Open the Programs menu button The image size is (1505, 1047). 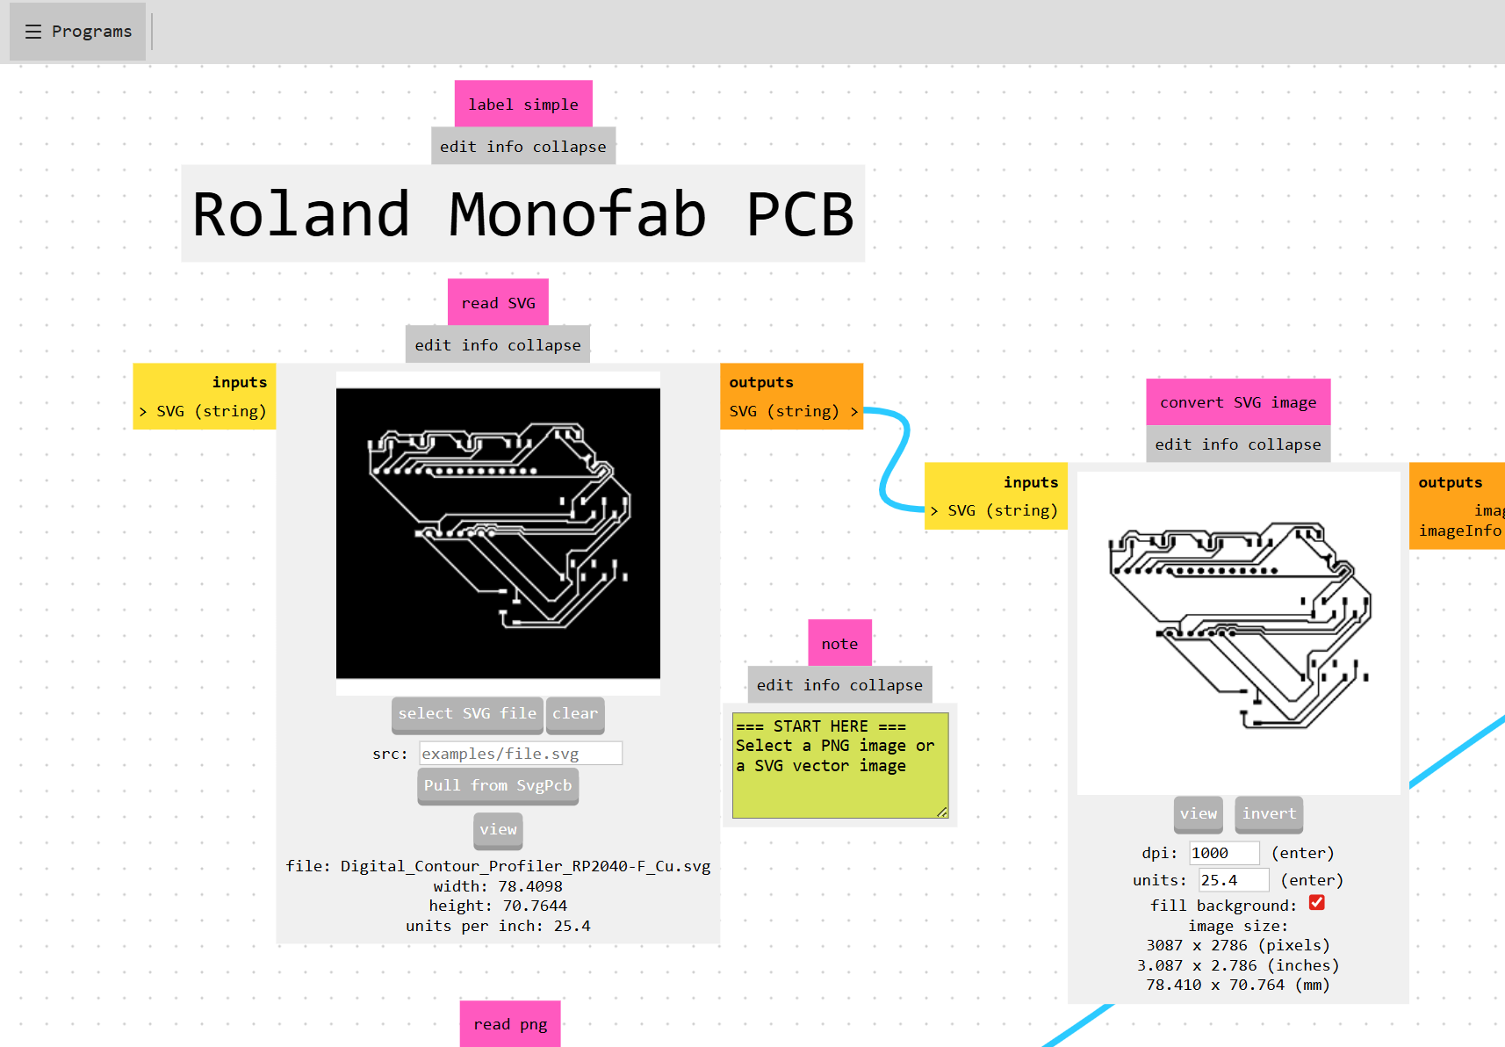pyautogui.click(x=77, y=32)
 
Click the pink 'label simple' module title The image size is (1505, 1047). pyautogui.click(x=523, y=105)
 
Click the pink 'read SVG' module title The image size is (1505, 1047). pyautogui.click(x=498, y=303)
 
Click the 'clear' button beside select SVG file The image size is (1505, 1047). pyautogui.click(x=575, y=714)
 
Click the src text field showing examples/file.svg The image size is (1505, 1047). pyautogui.click(x=521, y=754)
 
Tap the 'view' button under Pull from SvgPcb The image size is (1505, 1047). pyautogui.click(x=498, y=830)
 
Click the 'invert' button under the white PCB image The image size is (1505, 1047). pyautogui.click(x=1269, y=814)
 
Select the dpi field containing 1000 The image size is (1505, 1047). pyautogui.click(x=1223, y=853)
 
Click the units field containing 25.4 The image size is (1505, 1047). pyautogui.click(x=1233, y=880)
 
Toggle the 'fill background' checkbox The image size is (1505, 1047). pyautogui.click(x=1317, y=903)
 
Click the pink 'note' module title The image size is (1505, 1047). pyautogui.click(x=839, y=644)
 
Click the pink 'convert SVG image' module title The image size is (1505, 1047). pyautogui.click(x=1238, y=402)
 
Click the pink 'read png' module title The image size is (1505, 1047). pyautogui.click(x=510, y=1024)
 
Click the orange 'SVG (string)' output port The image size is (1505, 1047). pyautogui.click(x=792, y=411)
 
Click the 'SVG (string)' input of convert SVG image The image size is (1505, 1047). pyautogui.click(x=996, y=510)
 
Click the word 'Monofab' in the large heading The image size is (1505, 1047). pyautogui.click(x=577, y=214)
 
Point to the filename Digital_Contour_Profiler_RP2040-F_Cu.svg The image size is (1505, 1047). pyautogui.click(x=525, y=866)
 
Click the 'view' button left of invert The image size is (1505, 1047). pyautogui.click(x=1199, y=814)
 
